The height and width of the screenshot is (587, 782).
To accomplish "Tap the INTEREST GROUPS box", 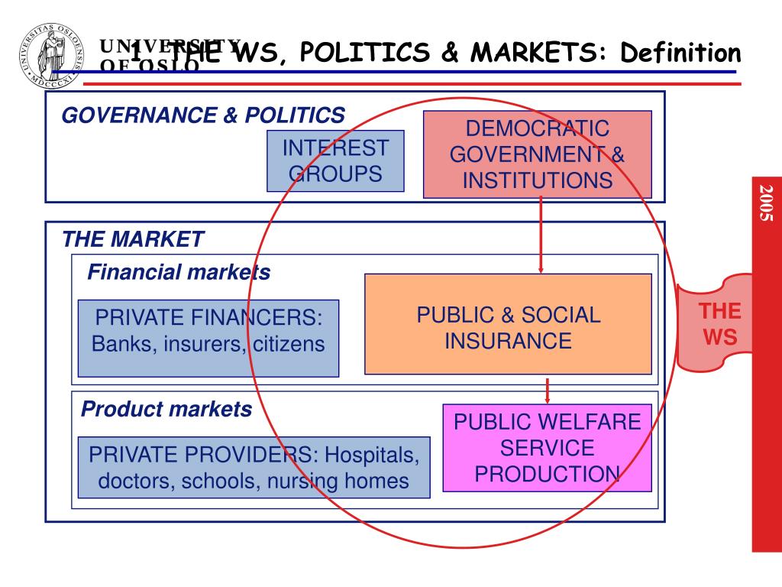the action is click(x=335, y=161).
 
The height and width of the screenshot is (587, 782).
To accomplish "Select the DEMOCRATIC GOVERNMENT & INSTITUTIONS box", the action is click(x=537, y=154).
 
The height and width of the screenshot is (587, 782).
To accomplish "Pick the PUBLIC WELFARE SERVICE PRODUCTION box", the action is click(x=547, y=448).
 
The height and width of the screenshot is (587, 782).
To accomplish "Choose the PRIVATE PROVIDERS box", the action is click(x=254, y=467).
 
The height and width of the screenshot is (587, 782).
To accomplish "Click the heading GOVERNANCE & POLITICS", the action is click(x=203, y=115).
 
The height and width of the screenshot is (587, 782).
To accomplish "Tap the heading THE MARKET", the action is click(x=134, y=239).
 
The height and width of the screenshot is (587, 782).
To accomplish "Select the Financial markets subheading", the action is click(x=179, y=272).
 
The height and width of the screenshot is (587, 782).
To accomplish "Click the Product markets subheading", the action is click(x=166, y=410).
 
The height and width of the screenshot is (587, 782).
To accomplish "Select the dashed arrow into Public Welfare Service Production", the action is click(x=547, y=390).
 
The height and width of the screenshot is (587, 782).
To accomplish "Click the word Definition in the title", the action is click(x=680, y=53).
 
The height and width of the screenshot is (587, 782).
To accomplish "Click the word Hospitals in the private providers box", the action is click(x=372, y=456).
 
